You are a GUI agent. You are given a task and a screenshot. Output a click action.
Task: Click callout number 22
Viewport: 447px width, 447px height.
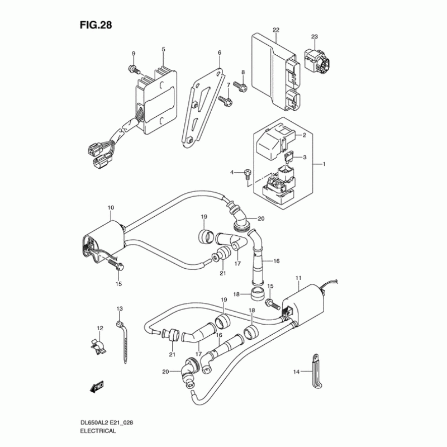point(276,29)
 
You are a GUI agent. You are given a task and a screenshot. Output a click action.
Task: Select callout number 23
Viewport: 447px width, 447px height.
point(315,37)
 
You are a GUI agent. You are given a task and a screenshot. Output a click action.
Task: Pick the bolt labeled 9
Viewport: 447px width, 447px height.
point(132,69)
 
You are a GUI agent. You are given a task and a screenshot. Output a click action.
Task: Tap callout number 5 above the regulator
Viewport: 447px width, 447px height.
point(163,50)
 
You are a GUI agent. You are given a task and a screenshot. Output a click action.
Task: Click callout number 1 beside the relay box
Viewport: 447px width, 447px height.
point(322,164)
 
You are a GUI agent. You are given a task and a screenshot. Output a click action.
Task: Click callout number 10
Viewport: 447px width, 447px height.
point(111,208)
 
